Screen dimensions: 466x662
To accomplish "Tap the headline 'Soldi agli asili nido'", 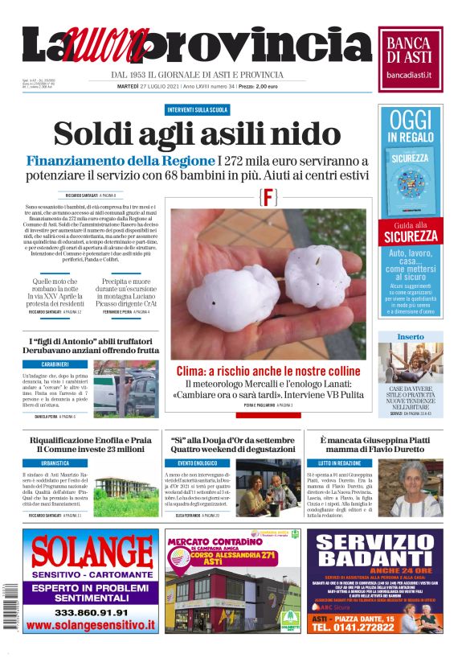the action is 197,134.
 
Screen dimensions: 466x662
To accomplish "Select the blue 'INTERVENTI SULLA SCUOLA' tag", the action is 197,109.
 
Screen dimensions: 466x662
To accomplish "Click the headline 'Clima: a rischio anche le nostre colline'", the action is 268,371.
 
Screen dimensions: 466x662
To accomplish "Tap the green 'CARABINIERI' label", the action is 55,364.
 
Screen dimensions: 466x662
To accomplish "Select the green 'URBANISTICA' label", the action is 55,464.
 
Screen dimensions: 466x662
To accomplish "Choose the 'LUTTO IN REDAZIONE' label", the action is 339,464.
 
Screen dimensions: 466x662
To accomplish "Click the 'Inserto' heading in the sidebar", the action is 411,336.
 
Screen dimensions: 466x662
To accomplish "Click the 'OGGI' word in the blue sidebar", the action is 411,121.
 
